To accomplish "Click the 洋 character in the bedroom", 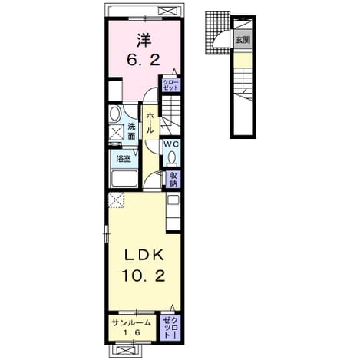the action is (144, 41).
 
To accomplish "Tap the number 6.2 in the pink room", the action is (144, 61).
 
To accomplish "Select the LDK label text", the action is (144, 256).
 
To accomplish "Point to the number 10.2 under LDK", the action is (144, 276).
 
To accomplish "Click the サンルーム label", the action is (132, 323).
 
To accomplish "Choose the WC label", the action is (171, 144).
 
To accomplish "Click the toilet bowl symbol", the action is (171, 157).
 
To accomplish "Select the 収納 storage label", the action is (173, 179).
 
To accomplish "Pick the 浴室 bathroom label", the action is (124, 159).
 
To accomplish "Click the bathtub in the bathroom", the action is (125, 179).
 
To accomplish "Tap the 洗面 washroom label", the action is (131, 131).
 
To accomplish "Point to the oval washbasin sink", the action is (115, 114).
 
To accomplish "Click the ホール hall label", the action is (150, 124).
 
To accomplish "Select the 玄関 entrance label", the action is (243, 40).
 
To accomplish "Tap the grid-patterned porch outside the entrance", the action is (217, 32).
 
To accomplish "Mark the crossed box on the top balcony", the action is (170, 11).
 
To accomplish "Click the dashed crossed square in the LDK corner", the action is (117, 200).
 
